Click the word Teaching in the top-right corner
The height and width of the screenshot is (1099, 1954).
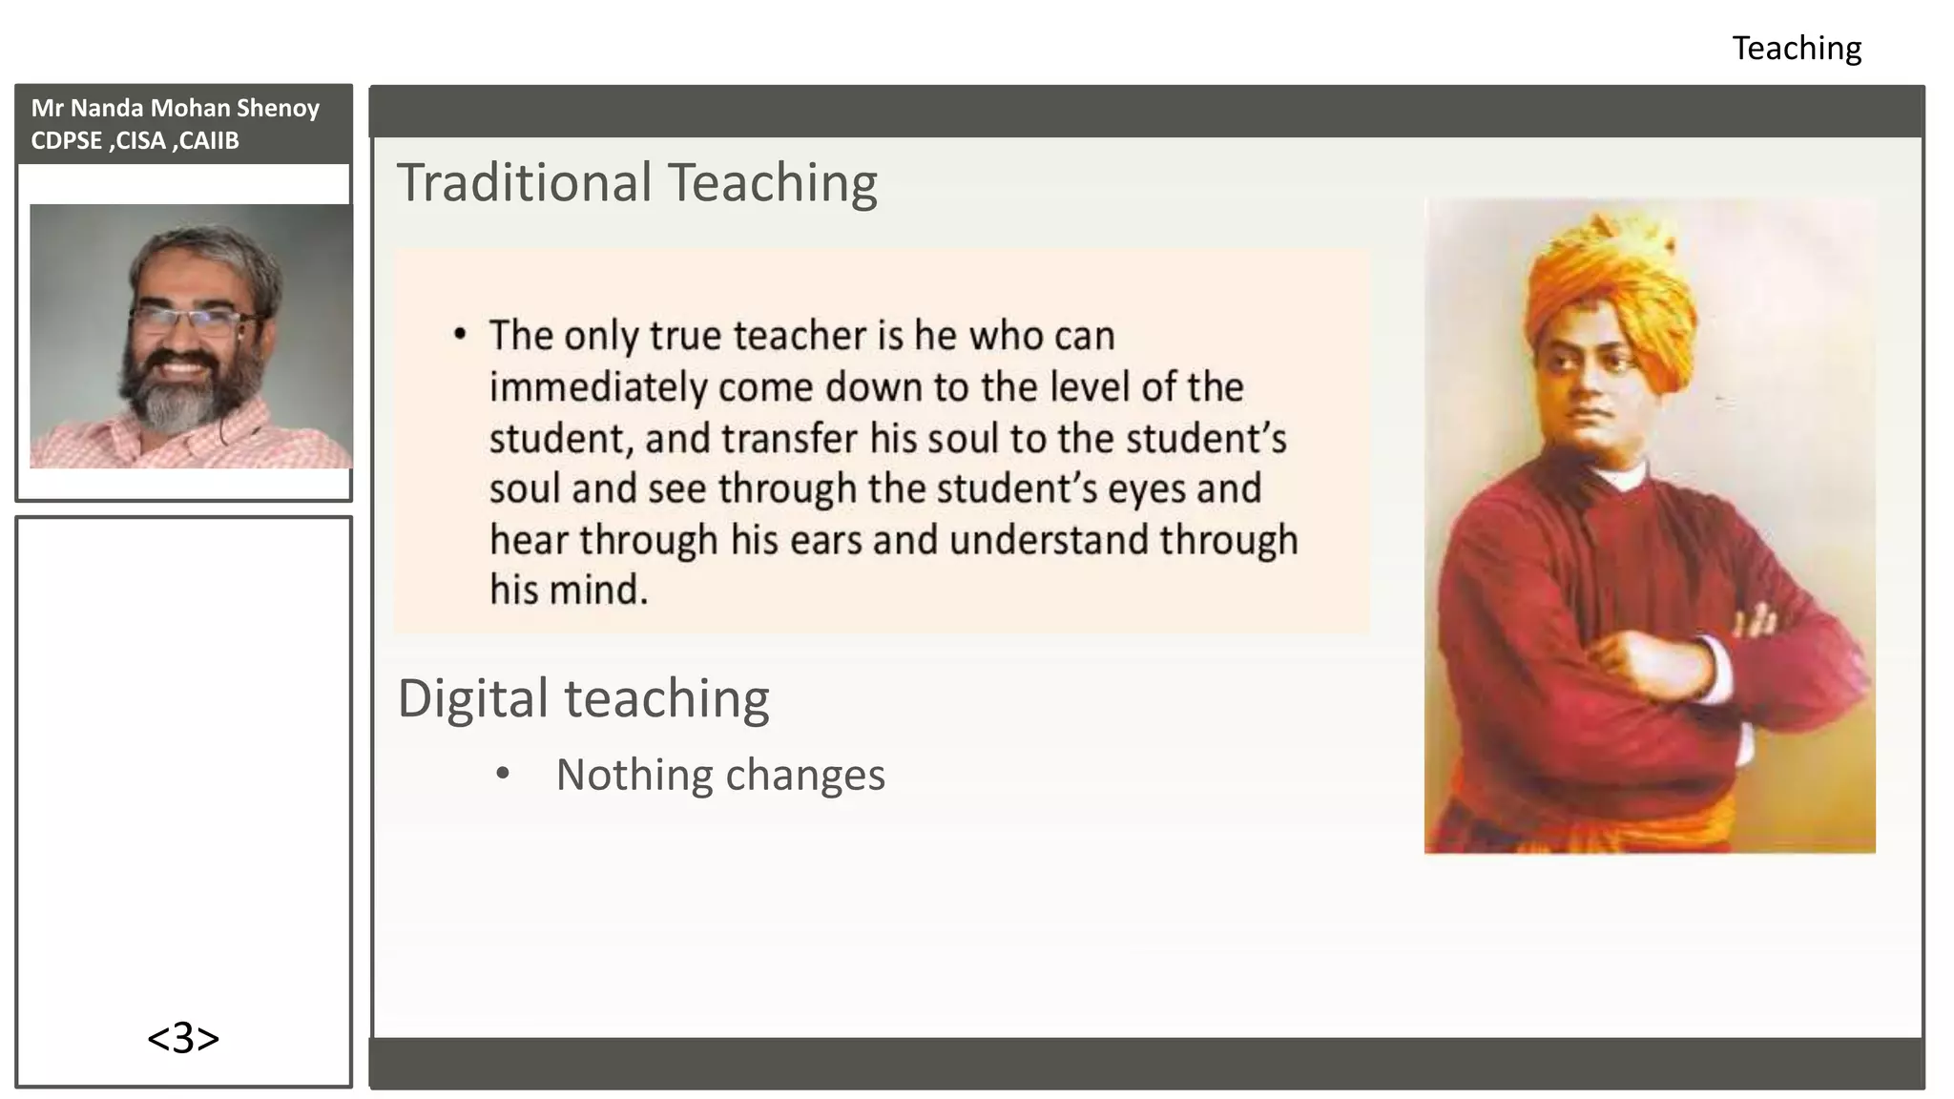tap(1797, 49)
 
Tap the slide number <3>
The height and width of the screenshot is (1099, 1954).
tap(183, 1038)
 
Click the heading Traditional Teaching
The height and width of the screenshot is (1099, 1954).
tap(636, 182)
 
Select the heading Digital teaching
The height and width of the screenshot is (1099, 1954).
tap(583, 698)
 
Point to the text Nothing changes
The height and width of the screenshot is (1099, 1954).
tap(720, 775)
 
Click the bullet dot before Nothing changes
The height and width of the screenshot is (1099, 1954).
tap(503, 774)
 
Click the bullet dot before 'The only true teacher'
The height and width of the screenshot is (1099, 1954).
tap(460, 335)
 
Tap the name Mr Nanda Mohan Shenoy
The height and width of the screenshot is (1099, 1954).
tap(175, 108)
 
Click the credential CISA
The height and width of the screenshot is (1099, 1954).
tap(141, 140)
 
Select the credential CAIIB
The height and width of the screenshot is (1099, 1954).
tap(209, 140)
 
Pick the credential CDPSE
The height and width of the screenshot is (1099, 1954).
tap(66, 140)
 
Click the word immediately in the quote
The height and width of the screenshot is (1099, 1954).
tap(599, 387)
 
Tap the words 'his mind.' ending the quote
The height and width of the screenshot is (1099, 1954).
tap(569, 590)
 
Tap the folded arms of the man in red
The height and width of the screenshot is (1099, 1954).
tap(1679, 658)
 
